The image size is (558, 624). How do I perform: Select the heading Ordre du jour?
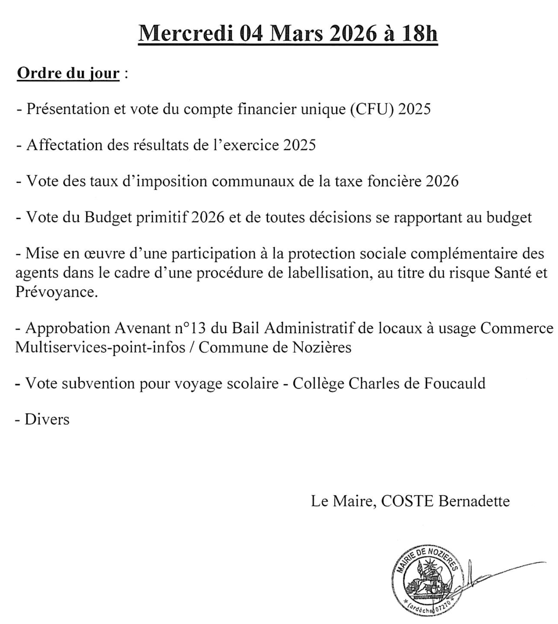[x=68, y=73]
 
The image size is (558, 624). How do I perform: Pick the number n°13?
[x=191, y=328]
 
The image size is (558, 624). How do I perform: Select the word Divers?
[x=47, y=419]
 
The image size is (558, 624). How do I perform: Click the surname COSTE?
[x=407, y=501]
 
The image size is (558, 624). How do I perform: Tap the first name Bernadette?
[x=474, y=501]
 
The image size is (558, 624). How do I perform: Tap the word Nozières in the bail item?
[x=322, y=347]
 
